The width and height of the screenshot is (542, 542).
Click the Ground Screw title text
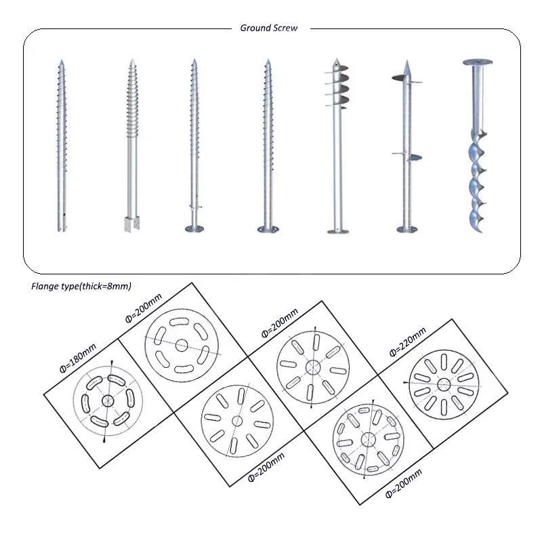(x=269, y=28)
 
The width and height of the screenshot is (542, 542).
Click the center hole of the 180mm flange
(x=107, y=400)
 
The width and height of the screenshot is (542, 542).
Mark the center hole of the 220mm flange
(x=444, y=384)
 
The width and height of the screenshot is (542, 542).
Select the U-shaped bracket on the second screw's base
(x=131, y=222)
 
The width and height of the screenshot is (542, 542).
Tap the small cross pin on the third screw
(x=196, y=207)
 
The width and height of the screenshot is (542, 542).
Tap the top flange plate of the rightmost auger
(x=478, y=62)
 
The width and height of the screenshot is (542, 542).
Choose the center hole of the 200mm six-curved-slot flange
(x=181, y=345)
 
